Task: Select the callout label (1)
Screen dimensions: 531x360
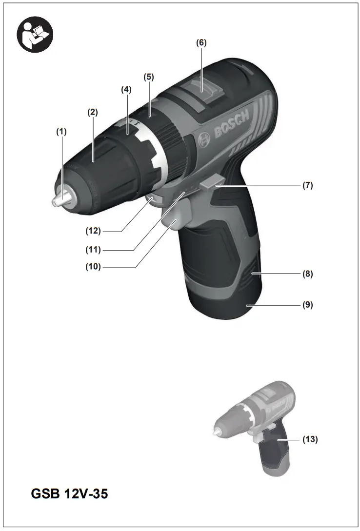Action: (61, 131)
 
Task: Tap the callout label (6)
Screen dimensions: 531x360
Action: (201, 42)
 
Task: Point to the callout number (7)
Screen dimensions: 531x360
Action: (307, 186)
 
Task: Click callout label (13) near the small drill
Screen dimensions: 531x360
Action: (310, 439)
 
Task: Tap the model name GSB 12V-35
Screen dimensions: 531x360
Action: (70, 493)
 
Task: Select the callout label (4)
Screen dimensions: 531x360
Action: (126, 90)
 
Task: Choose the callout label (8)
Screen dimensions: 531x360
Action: (307, 274)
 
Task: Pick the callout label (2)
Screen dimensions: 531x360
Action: (92, 112)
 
